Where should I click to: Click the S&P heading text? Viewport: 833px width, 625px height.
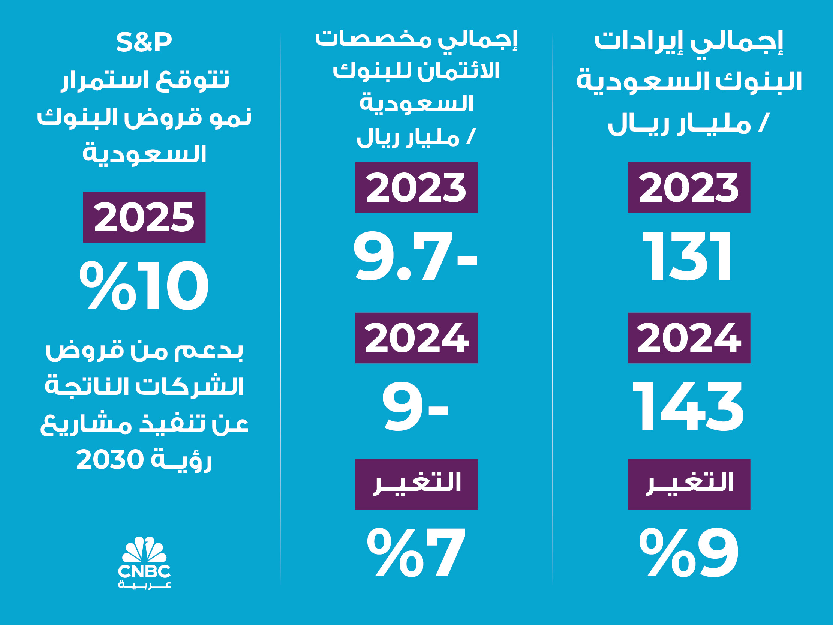click(x=144, y=42)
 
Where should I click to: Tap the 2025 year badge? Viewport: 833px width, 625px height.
click(x=144, y=217)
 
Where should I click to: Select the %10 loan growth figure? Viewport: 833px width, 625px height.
click(x=144, y=285)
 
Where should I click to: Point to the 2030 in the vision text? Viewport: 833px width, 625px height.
click(x=110, y=460)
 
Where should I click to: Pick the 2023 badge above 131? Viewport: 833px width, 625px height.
click(x=689, y=187)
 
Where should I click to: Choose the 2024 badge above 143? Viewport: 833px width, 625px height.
click(x=689, y=338)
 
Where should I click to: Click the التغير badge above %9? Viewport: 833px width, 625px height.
click(x=689, y=484)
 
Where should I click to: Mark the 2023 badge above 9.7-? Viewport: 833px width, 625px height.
click(x=416, y=187)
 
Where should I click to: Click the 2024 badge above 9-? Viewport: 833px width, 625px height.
click(x=416, y=338)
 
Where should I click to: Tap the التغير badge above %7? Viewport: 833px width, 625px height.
click(x=416, y=484)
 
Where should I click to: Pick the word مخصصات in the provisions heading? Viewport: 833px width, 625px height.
click(x=373, y=39)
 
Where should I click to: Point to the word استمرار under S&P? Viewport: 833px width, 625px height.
click(x=106, y=80)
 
